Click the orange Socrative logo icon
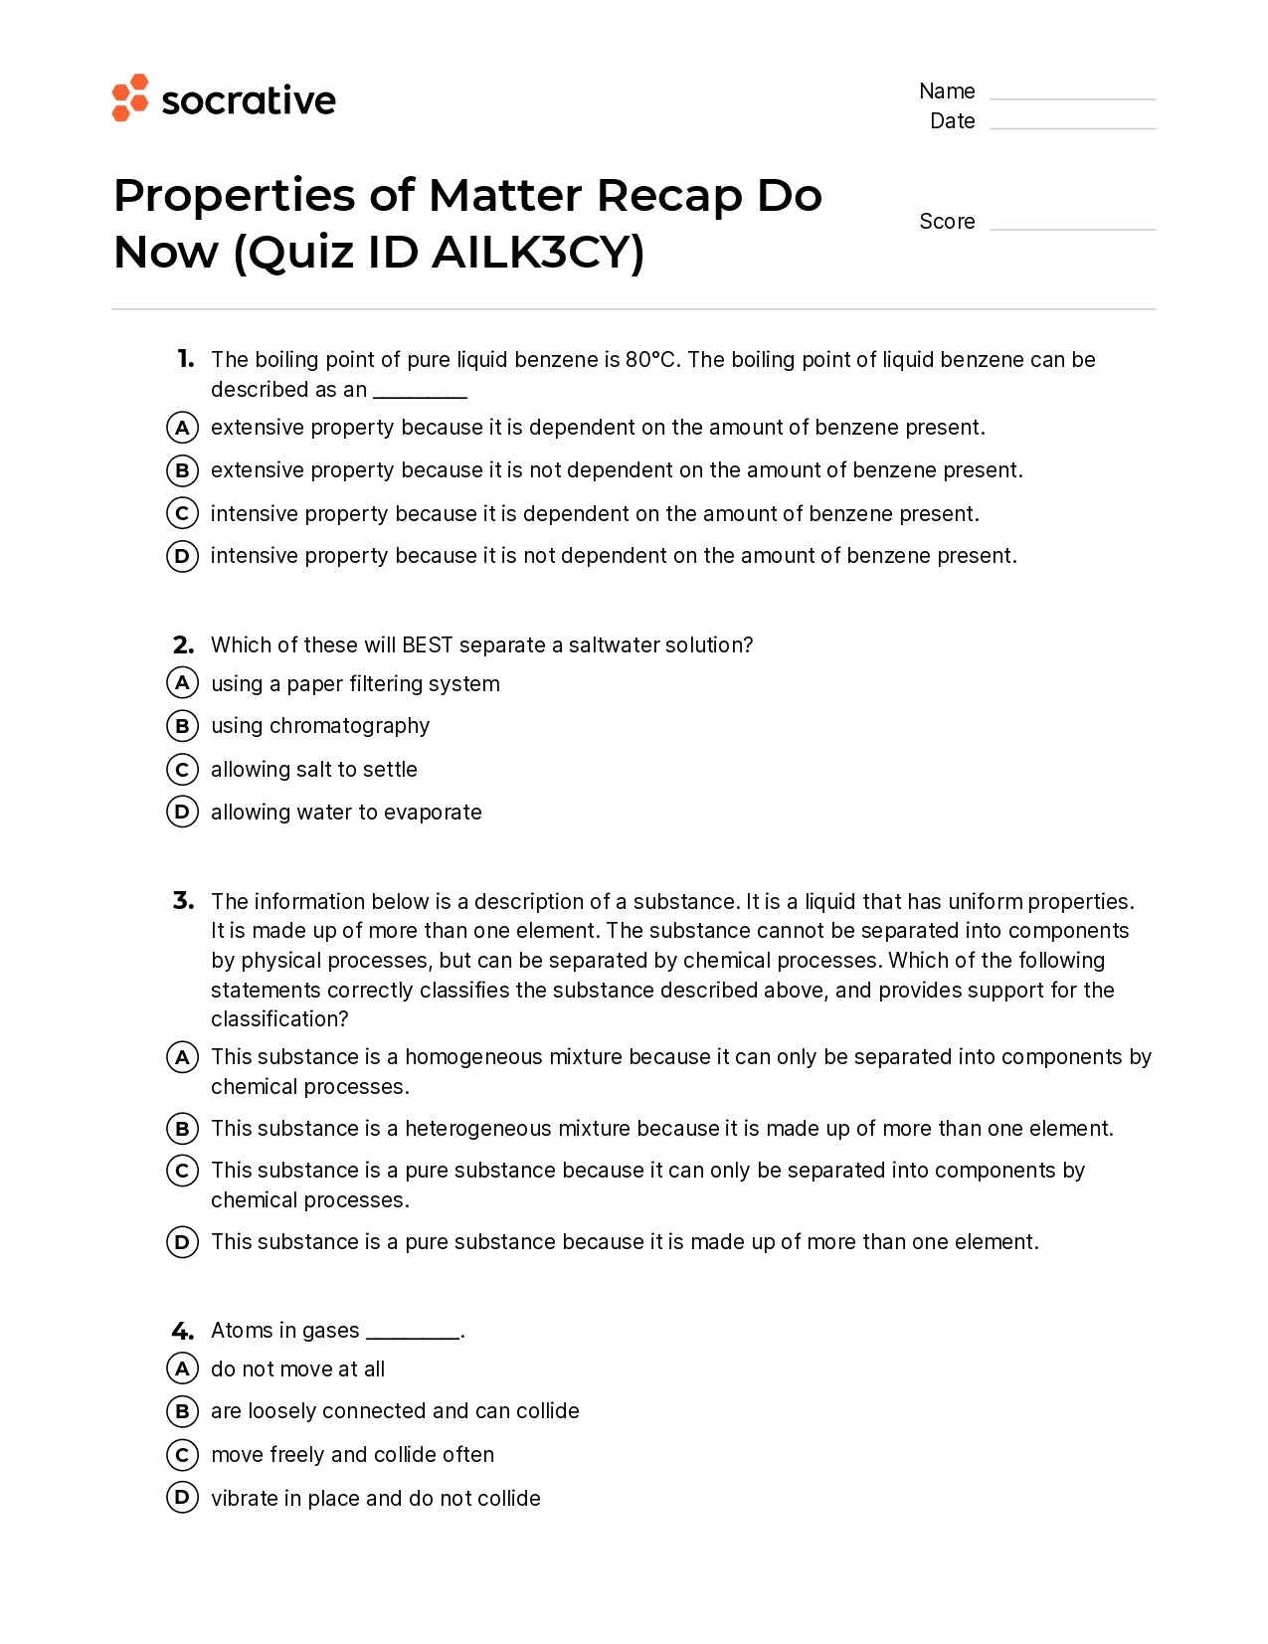[x=130, y=97]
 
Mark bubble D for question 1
[x=182, y=556]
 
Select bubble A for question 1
[x=182, y=428]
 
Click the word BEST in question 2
[x=428, y=645]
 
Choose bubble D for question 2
[x=182, y=813]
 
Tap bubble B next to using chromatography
[x=182, y=726]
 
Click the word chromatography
[x=349, y=727]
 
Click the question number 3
[x=183, y=901]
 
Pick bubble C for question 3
[x=182, y=1171]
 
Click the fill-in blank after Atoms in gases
[x=413, y=1333]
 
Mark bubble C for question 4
[x=182, y=1455]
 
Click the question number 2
[x=183, y=645]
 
